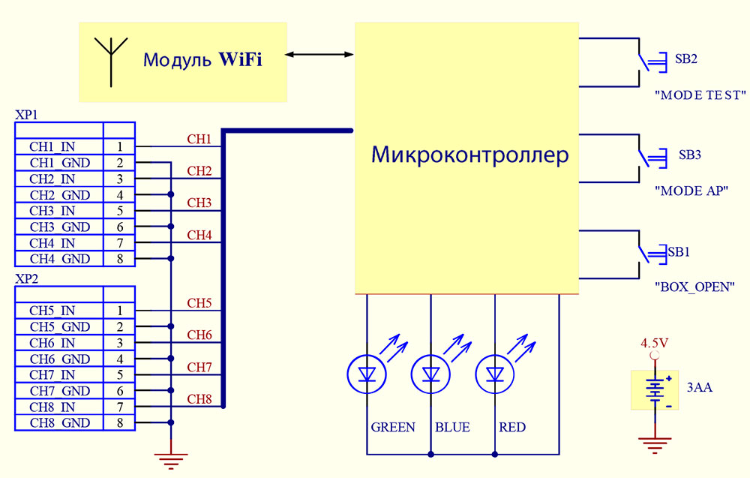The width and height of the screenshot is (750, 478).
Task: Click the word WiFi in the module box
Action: pos(240,60)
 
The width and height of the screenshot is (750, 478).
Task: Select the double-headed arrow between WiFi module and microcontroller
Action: pos(320,54)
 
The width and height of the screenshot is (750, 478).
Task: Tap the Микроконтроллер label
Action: pos(470,155)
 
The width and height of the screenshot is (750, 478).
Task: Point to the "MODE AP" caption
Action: pos(691,191)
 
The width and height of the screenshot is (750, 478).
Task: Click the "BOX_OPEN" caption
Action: pos(694,287)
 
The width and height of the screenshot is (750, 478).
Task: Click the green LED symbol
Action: pos(367,373)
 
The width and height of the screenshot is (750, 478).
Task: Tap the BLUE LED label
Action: pos(452,427)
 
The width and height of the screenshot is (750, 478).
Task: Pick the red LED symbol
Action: pos(494,373)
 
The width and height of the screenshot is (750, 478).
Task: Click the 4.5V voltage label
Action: pos(654,344)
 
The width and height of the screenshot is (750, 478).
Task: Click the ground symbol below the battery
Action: pos(655,446)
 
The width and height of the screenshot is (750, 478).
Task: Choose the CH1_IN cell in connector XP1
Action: pos(52,146)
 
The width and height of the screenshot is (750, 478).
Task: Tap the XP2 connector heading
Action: pos(26,278)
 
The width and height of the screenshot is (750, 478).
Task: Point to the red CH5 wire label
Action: pos(199,303)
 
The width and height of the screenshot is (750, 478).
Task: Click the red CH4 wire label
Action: pos(199,235)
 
